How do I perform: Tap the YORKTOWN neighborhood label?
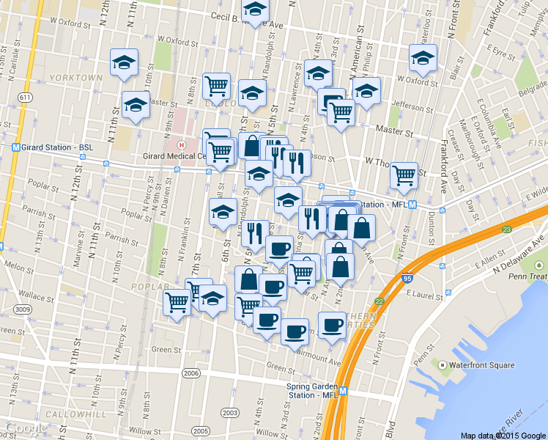point(76,77)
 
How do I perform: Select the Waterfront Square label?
point(483,365)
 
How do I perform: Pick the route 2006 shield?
point(191,374)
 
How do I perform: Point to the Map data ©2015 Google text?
point(503,435)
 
